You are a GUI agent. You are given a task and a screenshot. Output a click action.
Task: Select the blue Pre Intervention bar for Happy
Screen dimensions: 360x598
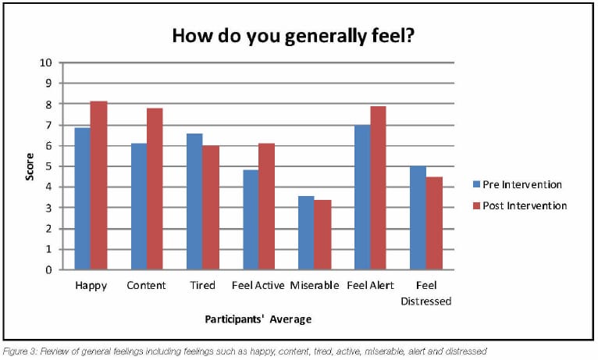click(x=82, y=198)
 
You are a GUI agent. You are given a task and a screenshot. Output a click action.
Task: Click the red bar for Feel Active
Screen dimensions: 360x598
click(x=266, y=206)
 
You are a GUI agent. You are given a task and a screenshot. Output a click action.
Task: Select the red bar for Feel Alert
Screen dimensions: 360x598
click(x=378, y=187)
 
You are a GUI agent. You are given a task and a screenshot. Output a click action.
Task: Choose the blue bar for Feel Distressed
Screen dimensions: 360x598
click(x=418, y=218)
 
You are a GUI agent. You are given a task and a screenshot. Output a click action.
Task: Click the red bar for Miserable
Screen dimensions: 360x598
click(x=322, y=235)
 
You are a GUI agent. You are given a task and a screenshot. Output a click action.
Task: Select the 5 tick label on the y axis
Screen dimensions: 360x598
click(x=49, y=166)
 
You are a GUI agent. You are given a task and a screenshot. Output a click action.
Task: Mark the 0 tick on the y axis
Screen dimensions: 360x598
click(x=49, y=270)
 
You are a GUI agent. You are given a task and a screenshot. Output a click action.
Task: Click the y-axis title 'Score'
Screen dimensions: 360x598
click(x=30, y=166)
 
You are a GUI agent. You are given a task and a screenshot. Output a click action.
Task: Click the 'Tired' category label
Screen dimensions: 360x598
click(x=203, y=285)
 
